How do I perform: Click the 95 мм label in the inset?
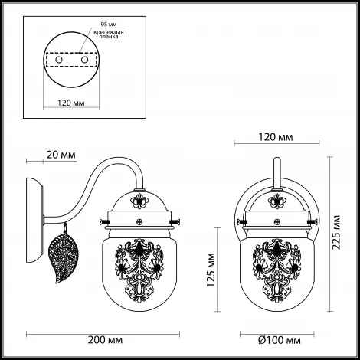[109, 25]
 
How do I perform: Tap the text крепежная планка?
[109, 34]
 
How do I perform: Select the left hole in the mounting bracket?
[59, 60]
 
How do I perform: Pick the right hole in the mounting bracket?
[84, 60]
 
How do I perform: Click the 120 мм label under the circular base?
[71, 103]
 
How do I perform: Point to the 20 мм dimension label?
[61, 155]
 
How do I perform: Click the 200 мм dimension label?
[105, 340]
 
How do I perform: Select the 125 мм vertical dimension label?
[211, 270]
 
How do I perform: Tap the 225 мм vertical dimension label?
[336, 232]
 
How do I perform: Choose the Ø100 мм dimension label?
[280, 340]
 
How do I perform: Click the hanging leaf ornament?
[64, 252]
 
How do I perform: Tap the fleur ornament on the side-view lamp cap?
[139, 201]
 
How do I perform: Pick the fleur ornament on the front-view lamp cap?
[277, 201]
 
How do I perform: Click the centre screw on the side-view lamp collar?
[139, 222]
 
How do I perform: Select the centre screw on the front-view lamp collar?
[277, 222]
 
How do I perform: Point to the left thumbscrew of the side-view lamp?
[105, 221]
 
